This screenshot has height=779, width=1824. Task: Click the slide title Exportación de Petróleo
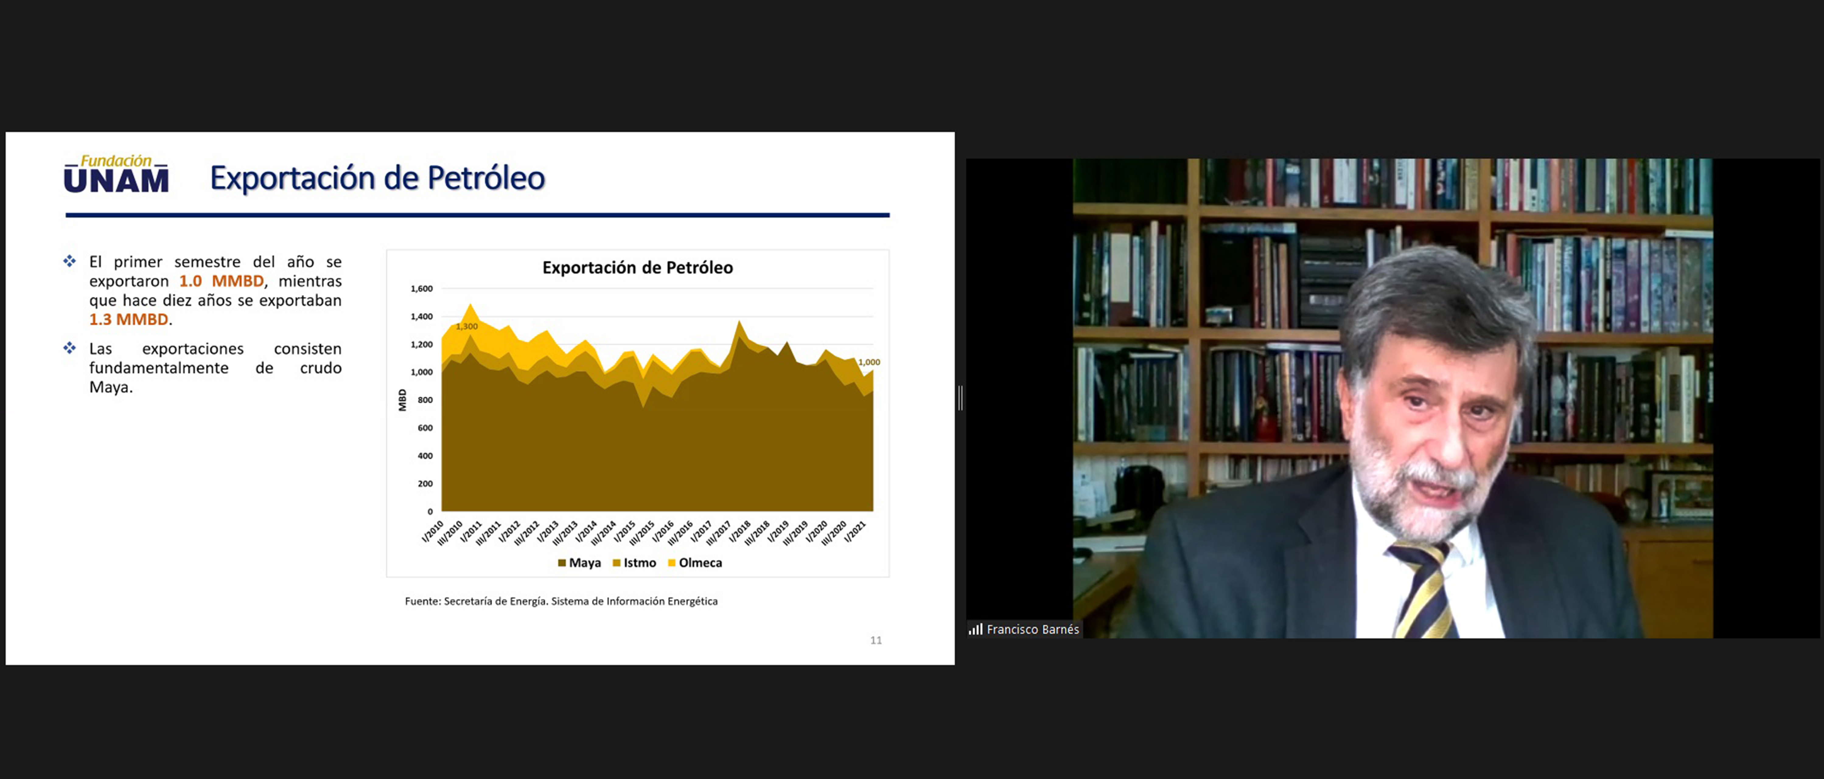tap(377, 178)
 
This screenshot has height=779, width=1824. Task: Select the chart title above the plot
tap(637, 267)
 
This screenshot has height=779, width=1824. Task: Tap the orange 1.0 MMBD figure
tap(221, 281)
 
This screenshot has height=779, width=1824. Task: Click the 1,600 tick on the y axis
tap(421, 289)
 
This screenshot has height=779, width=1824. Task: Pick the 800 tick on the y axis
tap(425, 400)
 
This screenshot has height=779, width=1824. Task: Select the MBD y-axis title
tap(402, 400)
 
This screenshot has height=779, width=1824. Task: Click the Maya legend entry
tap(579, 563)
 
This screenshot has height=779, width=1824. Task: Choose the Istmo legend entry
tap(634, 563)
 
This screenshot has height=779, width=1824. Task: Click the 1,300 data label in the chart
tap(466, 326)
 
